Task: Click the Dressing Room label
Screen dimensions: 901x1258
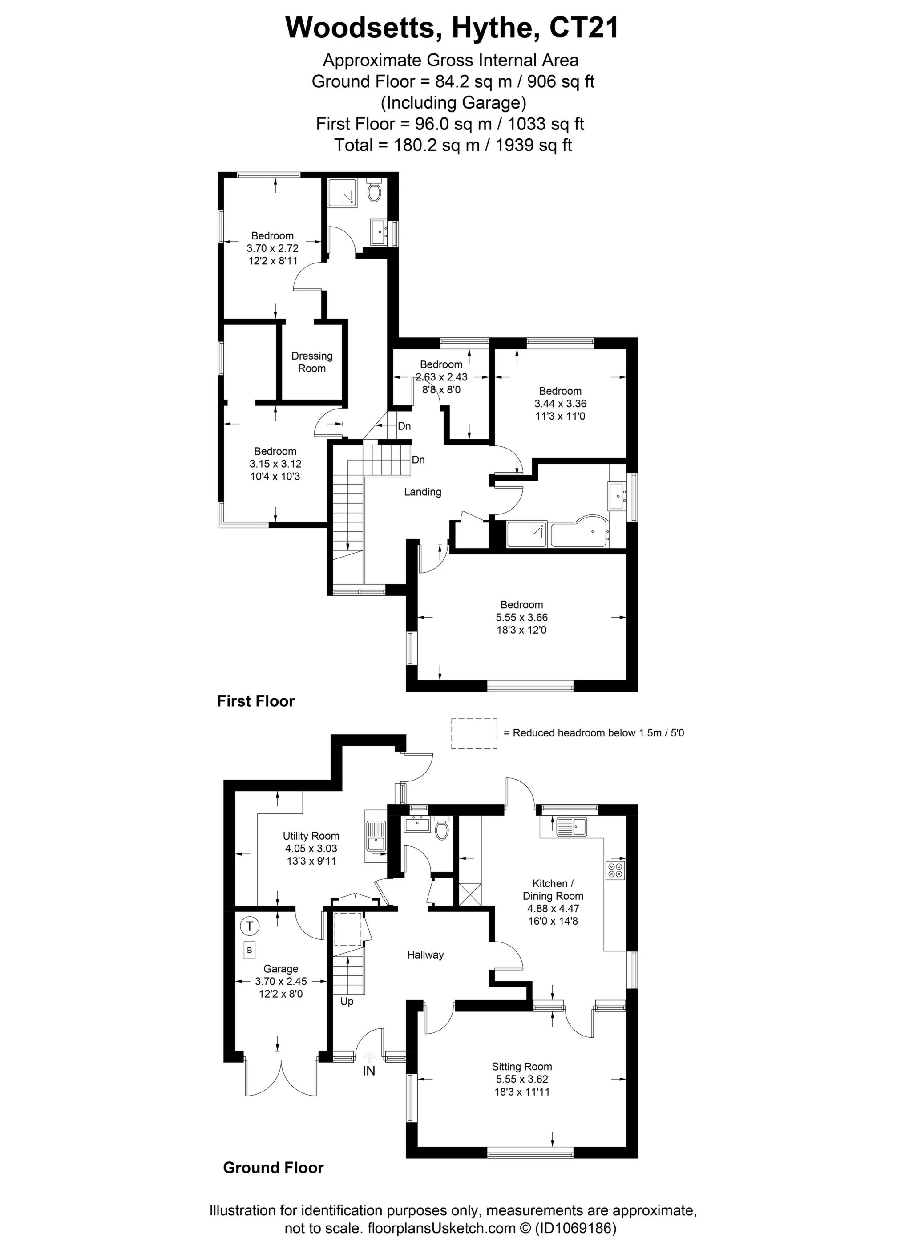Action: (x=311, y=362)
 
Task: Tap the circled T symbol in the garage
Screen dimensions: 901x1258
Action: (x=250, y=926)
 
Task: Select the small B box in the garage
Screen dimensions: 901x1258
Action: (x=250, y=950)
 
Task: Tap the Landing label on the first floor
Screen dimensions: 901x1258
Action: (x=423, y=491)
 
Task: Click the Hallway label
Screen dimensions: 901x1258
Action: (x=425, y=955)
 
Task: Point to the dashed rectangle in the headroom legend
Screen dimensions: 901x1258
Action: (x=474, y=733)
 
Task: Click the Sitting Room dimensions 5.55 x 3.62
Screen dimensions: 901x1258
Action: (x=522, y=1079)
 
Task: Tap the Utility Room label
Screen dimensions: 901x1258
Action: (x=311, y=836)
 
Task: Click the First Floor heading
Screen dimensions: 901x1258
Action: (x=255, y=701)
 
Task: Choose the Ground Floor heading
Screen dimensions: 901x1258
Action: (x=273, y=1168)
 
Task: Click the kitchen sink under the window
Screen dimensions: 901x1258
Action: (x=572, y=826)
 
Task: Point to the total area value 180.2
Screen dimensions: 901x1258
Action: (x=411, y=146)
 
